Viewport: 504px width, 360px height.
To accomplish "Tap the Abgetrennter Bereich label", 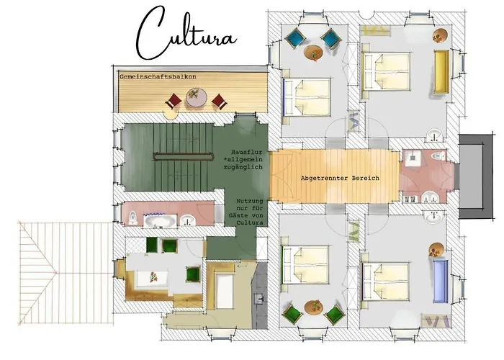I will [x=338, y=178].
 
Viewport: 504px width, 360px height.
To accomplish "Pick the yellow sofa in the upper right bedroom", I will [x=441, y=71].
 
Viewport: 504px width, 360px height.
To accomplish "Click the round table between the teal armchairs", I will [x=313, y=52].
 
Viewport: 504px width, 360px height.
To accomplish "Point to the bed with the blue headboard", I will [x=306, y=98].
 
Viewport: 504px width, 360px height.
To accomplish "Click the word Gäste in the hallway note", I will [x=250, y=215].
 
